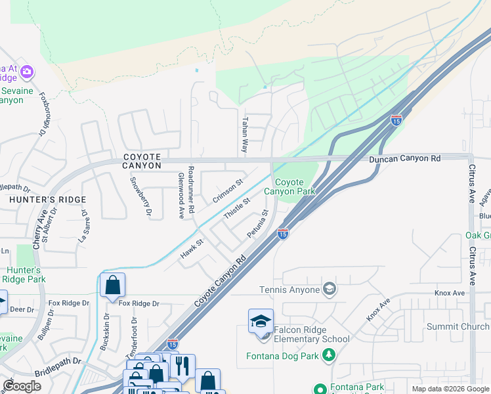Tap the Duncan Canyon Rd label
[x=404, y=158]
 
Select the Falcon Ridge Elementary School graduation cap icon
[x=261, y=321]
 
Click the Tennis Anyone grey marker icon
[x=330, y=289]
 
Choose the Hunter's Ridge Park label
[x=23, y=274]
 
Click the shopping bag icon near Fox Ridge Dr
[x=112, y=285]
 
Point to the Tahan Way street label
[x=245, y=135]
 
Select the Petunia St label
[x=258, y=224]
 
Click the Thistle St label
[x=237, y=209]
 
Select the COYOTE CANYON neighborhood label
[x=142, y=161]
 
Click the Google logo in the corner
[x=22, y=385]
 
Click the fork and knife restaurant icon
[x=183, y=365]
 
